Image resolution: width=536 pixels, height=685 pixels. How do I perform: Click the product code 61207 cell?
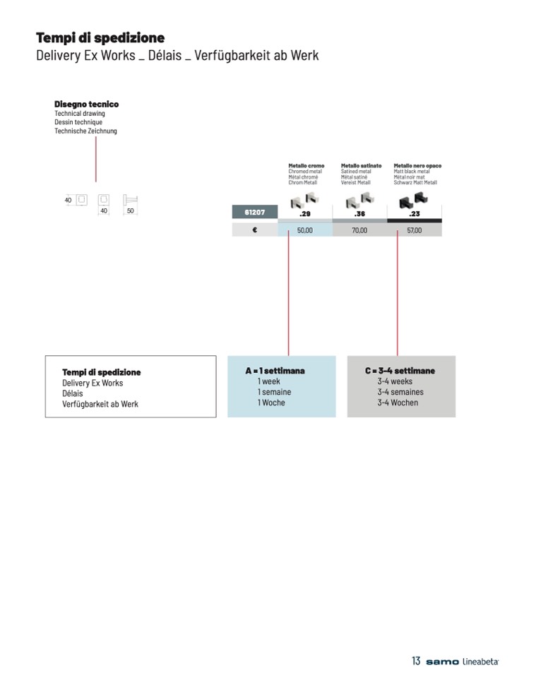pyautogui.click(x=254, y=213)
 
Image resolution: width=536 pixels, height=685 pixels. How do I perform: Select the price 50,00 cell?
pyautogui.click(x=305, y=230)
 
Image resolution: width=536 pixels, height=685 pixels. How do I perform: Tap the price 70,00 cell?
pyautogui.click(x=359, y=230)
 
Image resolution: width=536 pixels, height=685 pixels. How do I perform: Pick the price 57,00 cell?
pyautogui.click(x=415, y=230)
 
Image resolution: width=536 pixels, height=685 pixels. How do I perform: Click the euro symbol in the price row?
pyautogui.click(x=254, y=230)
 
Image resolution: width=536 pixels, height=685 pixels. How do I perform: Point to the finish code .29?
pyautogui.click(x=305, y=214)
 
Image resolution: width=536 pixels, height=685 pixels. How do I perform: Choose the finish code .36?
pyautogui.click(x=359, y=214)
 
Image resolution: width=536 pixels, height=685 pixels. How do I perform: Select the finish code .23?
pyautogui.click(x=415, y=214)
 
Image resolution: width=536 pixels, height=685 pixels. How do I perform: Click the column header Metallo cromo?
pyautogui.click(x=306, y=166)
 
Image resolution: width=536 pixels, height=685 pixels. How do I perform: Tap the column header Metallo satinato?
pyautogui.click(x=361, y=166)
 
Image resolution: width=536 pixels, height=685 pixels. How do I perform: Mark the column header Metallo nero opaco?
pyautogui.click(x=417, y=166)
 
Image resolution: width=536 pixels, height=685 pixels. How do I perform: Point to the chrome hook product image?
pyautogui.click(x=305, y=200)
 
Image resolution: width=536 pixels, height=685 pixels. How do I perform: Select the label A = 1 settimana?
pyautogui.click(x=275, y=371)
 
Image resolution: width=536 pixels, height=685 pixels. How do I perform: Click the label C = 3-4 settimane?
pyautogui.click(x=400, y=371)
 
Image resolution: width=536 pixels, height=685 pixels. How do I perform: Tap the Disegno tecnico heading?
pyautogui.click(x=86, y=105)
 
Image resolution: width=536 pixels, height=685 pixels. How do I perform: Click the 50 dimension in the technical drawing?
pyautogui.click(x=131, y=211)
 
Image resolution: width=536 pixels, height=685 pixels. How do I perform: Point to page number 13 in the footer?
pyautogui.click(x=416, y=661)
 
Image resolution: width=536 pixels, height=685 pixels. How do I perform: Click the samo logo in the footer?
pyautogui.click(x=442, y=662)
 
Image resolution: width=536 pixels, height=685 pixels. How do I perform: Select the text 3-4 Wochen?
pyautogui.click(x=398, y=403)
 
